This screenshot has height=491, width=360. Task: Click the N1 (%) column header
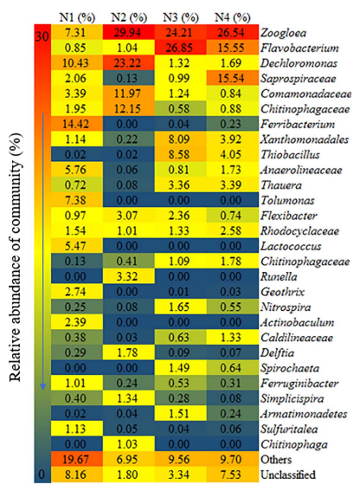click(77, 17)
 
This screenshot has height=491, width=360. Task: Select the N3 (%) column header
click(181, 17)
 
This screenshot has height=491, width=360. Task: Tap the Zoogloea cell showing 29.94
click(129, 32)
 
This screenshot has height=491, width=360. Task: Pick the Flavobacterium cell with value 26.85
click(181, 48)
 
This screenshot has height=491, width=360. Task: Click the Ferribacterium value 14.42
click(77, 124)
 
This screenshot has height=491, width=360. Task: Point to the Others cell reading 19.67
click(77, 459)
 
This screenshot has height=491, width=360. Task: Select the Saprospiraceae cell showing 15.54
click(233, 78)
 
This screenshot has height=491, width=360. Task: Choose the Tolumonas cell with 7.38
click(77, 200)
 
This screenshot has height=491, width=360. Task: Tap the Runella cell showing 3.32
click(129, 276)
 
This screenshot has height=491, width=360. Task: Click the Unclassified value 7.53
click(233, 475)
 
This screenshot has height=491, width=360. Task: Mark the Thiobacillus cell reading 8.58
click(181, 155)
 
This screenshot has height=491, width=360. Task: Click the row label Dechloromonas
click(299, 63)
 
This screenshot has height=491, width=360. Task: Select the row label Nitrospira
click(286, 307)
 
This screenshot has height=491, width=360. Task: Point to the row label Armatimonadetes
click(304, 414)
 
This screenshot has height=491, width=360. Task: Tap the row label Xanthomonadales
click(305, 139)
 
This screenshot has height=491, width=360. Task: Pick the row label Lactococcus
click(291, 246)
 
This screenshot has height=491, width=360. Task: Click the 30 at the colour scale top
click(42, 36)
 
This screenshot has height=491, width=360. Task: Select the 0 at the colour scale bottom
click(42, 475)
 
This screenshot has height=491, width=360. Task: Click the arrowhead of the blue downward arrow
click(43, 386)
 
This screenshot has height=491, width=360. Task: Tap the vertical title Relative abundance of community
click(16, 257)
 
